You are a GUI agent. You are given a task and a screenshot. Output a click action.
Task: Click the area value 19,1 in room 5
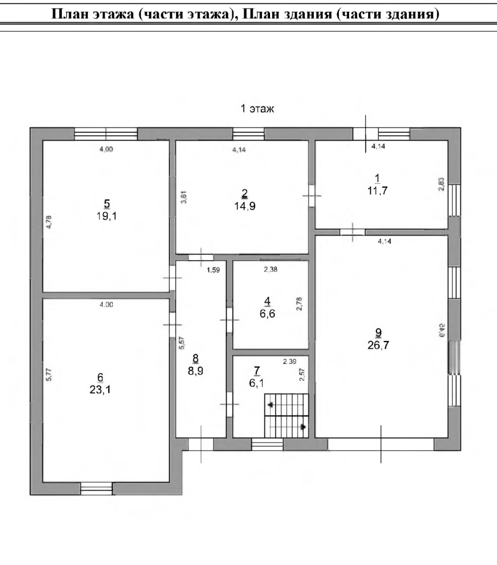click(107, 216)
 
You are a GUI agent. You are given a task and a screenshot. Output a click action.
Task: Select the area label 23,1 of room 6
click(100, 390)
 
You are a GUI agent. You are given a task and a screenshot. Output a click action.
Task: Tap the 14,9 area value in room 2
click(245, 206)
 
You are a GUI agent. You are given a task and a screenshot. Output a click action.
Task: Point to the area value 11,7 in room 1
click(378, 190)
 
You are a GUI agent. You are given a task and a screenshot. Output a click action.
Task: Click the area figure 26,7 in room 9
click(378, 345)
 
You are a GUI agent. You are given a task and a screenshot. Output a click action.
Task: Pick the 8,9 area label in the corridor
click(195, 371)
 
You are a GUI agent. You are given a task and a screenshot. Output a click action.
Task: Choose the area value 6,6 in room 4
click(267, 314)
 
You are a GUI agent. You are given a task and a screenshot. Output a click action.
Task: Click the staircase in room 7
click(286, 415)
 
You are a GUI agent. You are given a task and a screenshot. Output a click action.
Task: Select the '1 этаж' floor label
click(257, 109)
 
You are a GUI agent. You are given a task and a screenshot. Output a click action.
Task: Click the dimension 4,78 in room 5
click(49, 223)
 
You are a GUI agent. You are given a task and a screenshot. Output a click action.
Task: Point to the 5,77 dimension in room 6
click(49, 374)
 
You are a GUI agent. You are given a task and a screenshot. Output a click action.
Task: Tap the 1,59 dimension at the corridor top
click(213, 270)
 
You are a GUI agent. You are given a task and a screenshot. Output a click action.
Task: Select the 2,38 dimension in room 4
click(271, 269)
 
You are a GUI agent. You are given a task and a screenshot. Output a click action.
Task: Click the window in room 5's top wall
click(106, 134)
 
